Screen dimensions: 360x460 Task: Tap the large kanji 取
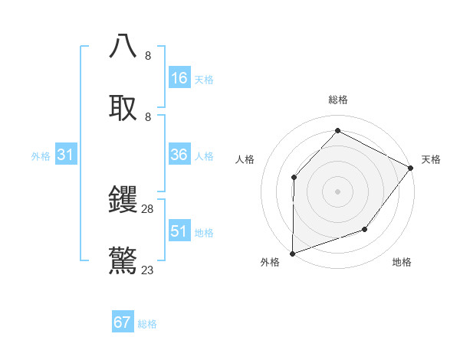pyautogui.click(x=123, y=107)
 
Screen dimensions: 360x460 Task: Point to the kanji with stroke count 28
pyautogui.click(x=123, y=200)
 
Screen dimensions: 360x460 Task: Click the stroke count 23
pyautogui.click(x=148, y=270)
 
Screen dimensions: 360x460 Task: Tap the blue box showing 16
pyautogui.click(x=179, y=78)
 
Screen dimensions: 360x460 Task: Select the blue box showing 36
pyautogui.click(x=179, y=155)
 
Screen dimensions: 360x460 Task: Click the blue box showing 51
pyautogui.click(x=179, y=231)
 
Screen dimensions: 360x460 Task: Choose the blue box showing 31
pyautogui.click(x=66, y=155)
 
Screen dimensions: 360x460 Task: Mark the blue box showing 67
pyautogui.click(x=123, y=322)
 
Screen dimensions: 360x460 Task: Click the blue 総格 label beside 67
pyautogui.click(x=147, y=324)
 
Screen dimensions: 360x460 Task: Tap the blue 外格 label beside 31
pyautogui.click(x=41, y=156)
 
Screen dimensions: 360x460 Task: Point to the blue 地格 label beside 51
pyautogui.click(x=204, y=233)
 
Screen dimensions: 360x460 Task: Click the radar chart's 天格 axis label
pyautogui.click(x=431, y=159)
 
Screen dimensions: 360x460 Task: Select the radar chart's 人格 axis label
pyautogui.click(x=245, y=159)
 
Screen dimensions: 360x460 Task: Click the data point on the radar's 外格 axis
pyautogui.click(x=292, y=253)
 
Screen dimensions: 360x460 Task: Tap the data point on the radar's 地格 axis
pyautogui.click(x=365, y=229)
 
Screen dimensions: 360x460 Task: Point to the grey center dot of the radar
pyautogui.click(x=337, y=191)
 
